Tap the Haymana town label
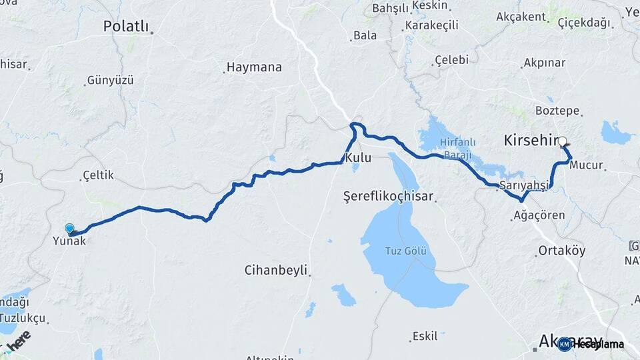tap(254, 67)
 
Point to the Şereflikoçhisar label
tap(388, 197)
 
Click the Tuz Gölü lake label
tap(406, 251)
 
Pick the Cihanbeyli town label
tap(275, 270)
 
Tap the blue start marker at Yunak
tap(70, 229)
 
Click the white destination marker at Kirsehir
tap(563, 141)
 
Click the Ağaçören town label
tap(539, 215)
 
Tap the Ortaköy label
tap(561, 251)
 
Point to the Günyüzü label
tap(110, 80)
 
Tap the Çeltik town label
tap(98, 175)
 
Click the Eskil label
tap(425, 335)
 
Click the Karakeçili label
tap(431, 25)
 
